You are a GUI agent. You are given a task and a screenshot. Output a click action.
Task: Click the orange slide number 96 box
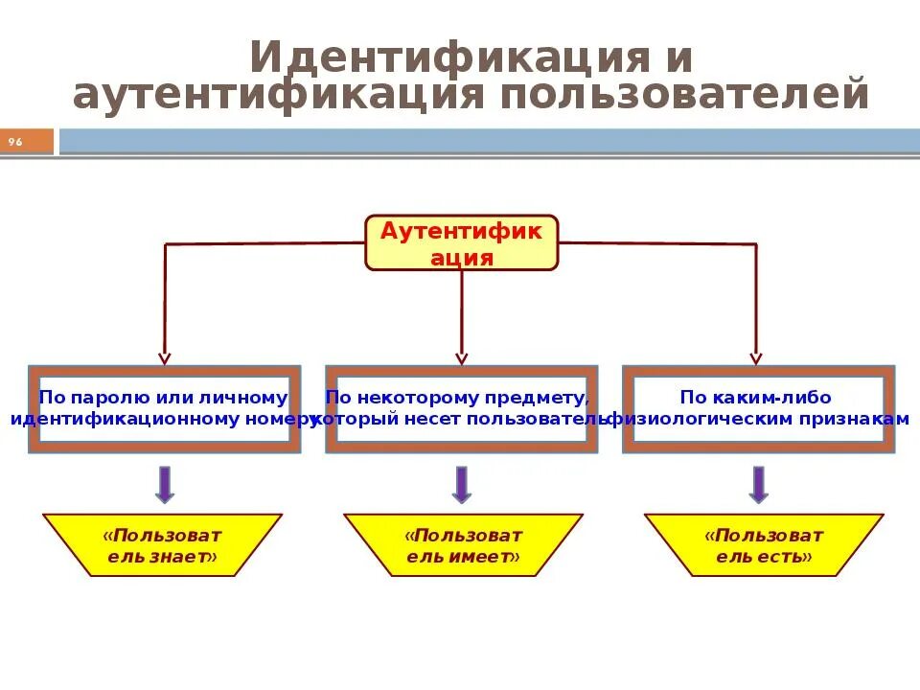27,142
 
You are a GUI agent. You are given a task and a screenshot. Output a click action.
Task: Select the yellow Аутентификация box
461,242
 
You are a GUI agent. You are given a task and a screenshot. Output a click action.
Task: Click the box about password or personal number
164,409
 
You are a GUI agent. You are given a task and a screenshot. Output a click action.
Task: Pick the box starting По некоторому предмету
461,409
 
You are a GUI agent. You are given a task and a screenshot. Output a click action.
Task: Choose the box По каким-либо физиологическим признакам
758,409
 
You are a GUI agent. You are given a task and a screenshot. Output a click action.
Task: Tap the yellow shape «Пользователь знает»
162,545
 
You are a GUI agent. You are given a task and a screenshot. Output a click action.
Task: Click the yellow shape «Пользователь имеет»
463,545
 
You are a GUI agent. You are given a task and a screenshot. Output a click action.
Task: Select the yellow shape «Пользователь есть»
764,545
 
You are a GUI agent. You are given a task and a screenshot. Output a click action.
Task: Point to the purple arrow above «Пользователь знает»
164,484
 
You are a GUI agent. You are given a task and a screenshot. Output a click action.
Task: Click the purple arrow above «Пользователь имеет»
462,484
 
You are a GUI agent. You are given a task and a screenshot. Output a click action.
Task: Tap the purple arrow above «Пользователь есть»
758,484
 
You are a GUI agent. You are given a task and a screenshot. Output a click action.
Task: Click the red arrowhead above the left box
164,357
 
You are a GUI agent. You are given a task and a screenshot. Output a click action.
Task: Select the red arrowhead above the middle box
461,357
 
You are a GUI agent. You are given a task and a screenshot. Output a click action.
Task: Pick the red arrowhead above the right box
755,357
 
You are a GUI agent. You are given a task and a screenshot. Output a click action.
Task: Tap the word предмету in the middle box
545,398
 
